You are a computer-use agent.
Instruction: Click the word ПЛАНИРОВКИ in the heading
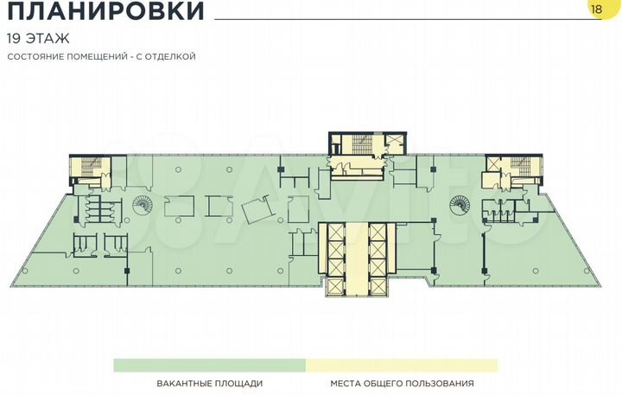click(x=105, y=12)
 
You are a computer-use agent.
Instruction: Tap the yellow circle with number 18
click(x=597, y=8)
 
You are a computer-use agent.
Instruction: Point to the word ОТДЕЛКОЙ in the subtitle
click(x=170, y=57)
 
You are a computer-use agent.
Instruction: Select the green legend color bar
click(x=210, y=365)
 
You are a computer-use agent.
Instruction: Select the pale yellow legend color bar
click(x=402, y=365)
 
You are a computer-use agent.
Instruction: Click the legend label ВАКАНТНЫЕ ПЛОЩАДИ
click(x=210, y=384)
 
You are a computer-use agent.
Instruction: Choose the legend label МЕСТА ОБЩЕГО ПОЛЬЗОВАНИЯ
click(x=402, y=384)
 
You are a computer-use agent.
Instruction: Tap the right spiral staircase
click(x=457, y=204)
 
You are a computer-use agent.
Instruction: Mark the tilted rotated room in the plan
click(x=259, y=210)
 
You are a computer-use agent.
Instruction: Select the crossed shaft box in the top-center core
click(x=394, y=143)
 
